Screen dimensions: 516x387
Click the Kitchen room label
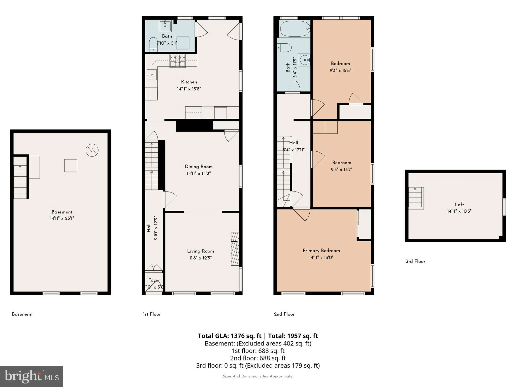(189, 82)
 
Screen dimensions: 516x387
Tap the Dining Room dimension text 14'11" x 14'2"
(199, 173)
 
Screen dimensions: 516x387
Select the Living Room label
(201, 251)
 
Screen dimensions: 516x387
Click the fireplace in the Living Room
(235, 249)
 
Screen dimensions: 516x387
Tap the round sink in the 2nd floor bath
(304, 60)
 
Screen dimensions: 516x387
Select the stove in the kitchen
(178, 61)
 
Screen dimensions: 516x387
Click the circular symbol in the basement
(92, 150)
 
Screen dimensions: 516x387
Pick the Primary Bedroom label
(321, 250)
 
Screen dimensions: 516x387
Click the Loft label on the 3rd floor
(459, 204)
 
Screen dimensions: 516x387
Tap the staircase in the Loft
(416, 198)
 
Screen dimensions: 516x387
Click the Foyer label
(154, 280)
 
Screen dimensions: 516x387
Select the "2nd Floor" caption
(284, 314)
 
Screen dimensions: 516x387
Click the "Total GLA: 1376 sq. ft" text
(230, 336)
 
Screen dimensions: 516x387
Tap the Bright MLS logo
(31, 376)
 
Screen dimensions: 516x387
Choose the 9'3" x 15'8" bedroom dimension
(340, 71)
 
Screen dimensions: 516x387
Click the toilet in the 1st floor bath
(153, 44)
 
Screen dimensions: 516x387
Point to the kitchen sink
(151, 75)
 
